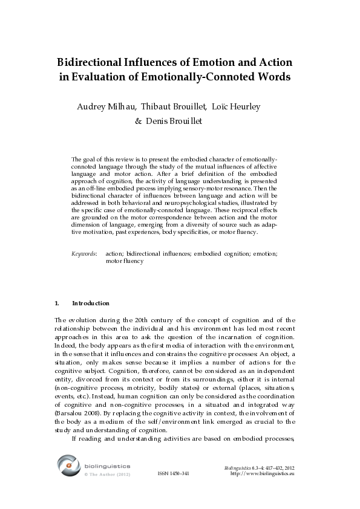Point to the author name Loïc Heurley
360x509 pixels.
[x=237, y=107]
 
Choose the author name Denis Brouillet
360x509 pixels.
[x=178, y=121]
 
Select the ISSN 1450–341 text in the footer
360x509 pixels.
[x=174, y=473]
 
